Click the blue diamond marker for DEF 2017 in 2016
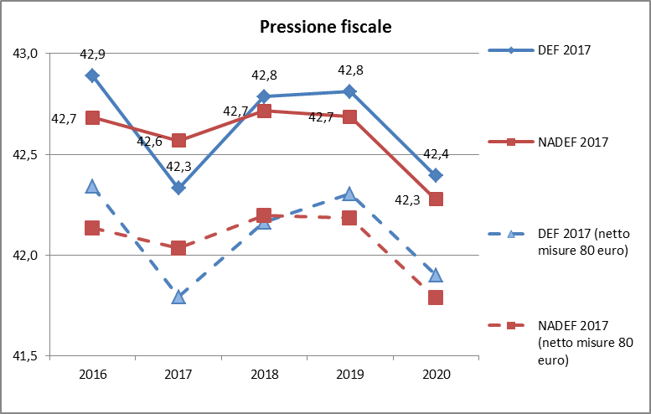(92, 75)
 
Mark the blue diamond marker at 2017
(178, 188)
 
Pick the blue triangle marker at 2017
(178, 296)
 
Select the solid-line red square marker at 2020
(436, 199)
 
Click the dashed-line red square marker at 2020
(436, 298)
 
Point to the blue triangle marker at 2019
(349, 194)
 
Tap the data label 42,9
(92, 54)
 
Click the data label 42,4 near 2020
(436, 154)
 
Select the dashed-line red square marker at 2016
(92, 228)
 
